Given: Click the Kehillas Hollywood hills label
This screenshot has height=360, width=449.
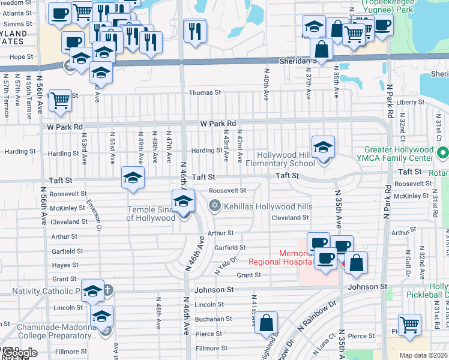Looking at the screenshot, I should [268, 206].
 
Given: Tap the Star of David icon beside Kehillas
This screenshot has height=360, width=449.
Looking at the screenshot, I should [214, 206].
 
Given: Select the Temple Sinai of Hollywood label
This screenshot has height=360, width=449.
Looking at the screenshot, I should [151, 214].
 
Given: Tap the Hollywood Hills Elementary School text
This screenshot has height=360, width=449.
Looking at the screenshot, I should [286, 159].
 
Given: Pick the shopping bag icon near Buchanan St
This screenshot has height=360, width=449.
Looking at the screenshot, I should [266, 322].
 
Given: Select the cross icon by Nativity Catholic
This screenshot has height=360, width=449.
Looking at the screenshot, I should [108, 291].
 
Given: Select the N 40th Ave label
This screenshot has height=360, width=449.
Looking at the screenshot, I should [265, 82].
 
